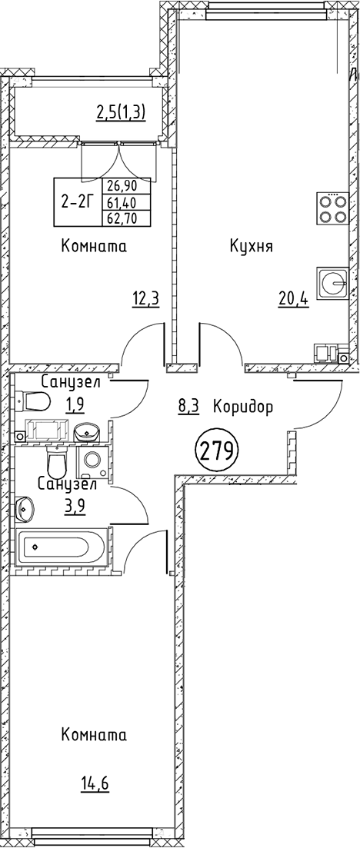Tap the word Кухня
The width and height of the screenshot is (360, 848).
pos(252,247)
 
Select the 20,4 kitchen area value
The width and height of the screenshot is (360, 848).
pos(294,298)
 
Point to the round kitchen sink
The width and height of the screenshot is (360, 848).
pos(332,282)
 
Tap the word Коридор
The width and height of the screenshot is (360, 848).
pos(242,406)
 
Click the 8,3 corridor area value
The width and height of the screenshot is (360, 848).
pos(189,406)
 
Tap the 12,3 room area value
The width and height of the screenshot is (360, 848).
pos(147,298)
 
